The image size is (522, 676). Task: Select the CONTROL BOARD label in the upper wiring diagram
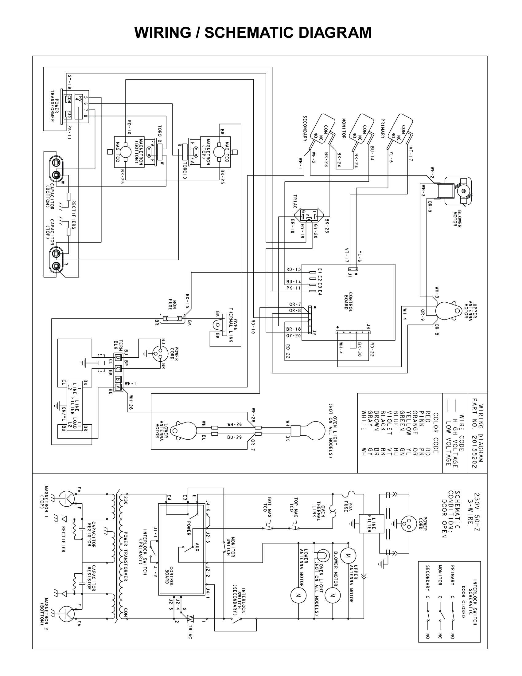[x=348, y=301]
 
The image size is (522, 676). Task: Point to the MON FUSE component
[x=172, y=318]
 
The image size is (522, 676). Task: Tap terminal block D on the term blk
[x=118, y=358]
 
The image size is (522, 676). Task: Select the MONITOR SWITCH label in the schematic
[x=231, y=547]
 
